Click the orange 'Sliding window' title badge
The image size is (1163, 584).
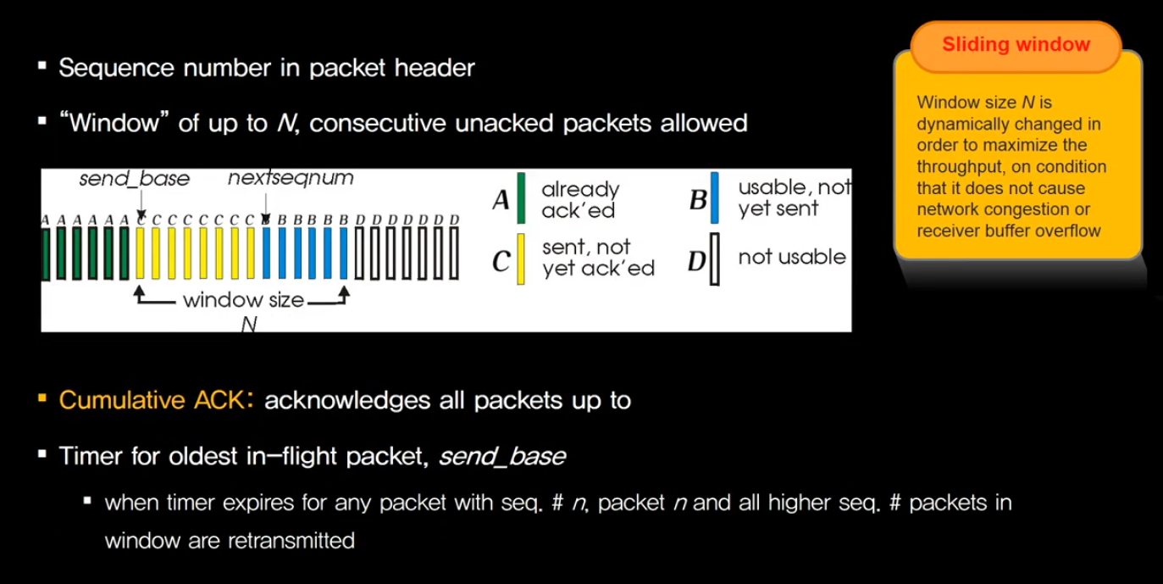click(x=1016, y=44)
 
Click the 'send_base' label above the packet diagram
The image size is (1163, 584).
click(x=134, y=179)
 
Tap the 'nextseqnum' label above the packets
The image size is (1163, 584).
click(x=291, y=179)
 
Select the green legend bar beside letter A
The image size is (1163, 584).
click(x=521, y=198)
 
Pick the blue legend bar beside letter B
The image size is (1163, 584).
click(x=715, y=198)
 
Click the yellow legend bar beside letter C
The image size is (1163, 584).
click(x=521, y=259)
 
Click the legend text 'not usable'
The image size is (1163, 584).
click(x=791, y=257)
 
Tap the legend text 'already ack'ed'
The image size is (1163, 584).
click(x=580, y=199)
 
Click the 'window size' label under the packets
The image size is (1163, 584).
click(x=243, y=299)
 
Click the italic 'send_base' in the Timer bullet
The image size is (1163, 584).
click(x=502, y=457)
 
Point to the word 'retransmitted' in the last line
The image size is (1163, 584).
click(x=291, y=540)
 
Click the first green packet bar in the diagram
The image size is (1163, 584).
click(x=45, y=253)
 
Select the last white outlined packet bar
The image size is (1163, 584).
click(x=454, y=253)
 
